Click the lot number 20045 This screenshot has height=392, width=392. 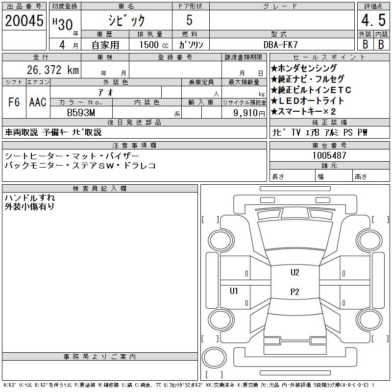pos(24,21)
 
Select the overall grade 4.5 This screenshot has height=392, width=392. pos(372,22)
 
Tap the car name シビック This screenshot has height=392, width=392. pos(126,21)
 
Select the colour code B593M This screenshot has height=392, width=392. pos(81,112)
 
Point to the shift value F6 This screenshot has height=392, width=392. pos(14,102)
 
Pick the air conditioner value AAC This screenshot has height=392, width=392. pos(38,102)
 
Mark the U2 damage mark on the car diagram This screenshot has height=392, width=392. pos(294,273)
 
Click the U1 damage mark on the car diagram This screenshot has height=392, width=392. pos(234,291)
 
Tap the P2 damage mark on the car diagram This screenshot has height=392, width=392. pos(294,292)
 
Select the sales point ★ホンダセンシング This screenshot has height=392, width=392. pos(304,68)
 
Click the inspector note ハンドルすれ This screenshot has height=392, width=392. pos(29,197)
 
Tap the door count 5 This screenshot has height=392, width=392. pos(190,21)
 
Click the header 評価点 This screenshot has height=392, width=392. pos(373,6)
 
